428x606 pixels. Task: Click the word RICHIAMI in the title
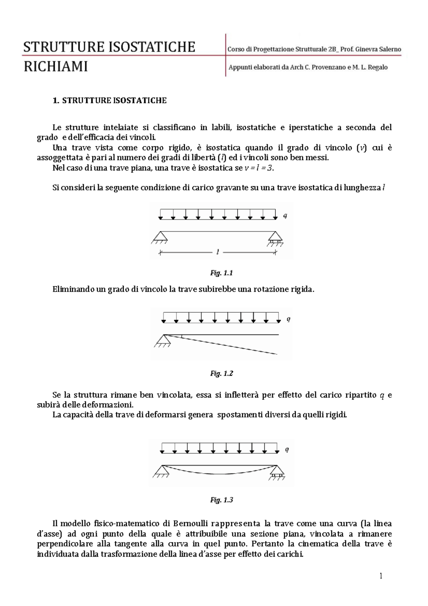[56, 67]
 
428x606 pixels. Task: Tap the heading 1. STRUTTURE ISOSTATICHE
[109, 101]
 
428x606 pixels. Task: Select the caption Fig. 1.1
[221, 273]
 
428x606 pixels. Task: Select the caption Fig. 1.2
[221, 374]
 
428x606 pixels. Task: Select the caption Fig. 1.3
[221, 500]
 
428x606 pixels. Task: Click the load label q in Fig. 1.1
[285, 216]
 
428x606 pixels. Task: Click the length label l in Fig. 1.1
[218, 252]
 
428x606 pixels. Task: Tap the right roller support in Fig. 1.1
[275, 238]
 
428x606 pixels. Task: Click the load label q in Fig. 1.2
[288, 319]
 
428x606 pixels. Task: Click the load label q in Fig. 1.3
[287, 449]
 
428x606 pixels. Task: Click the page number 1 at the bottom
[381, 576]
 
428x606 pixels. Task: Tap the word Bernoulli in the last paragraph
[190, 524]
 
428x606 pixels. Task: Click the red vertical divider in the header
[226, 55]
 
